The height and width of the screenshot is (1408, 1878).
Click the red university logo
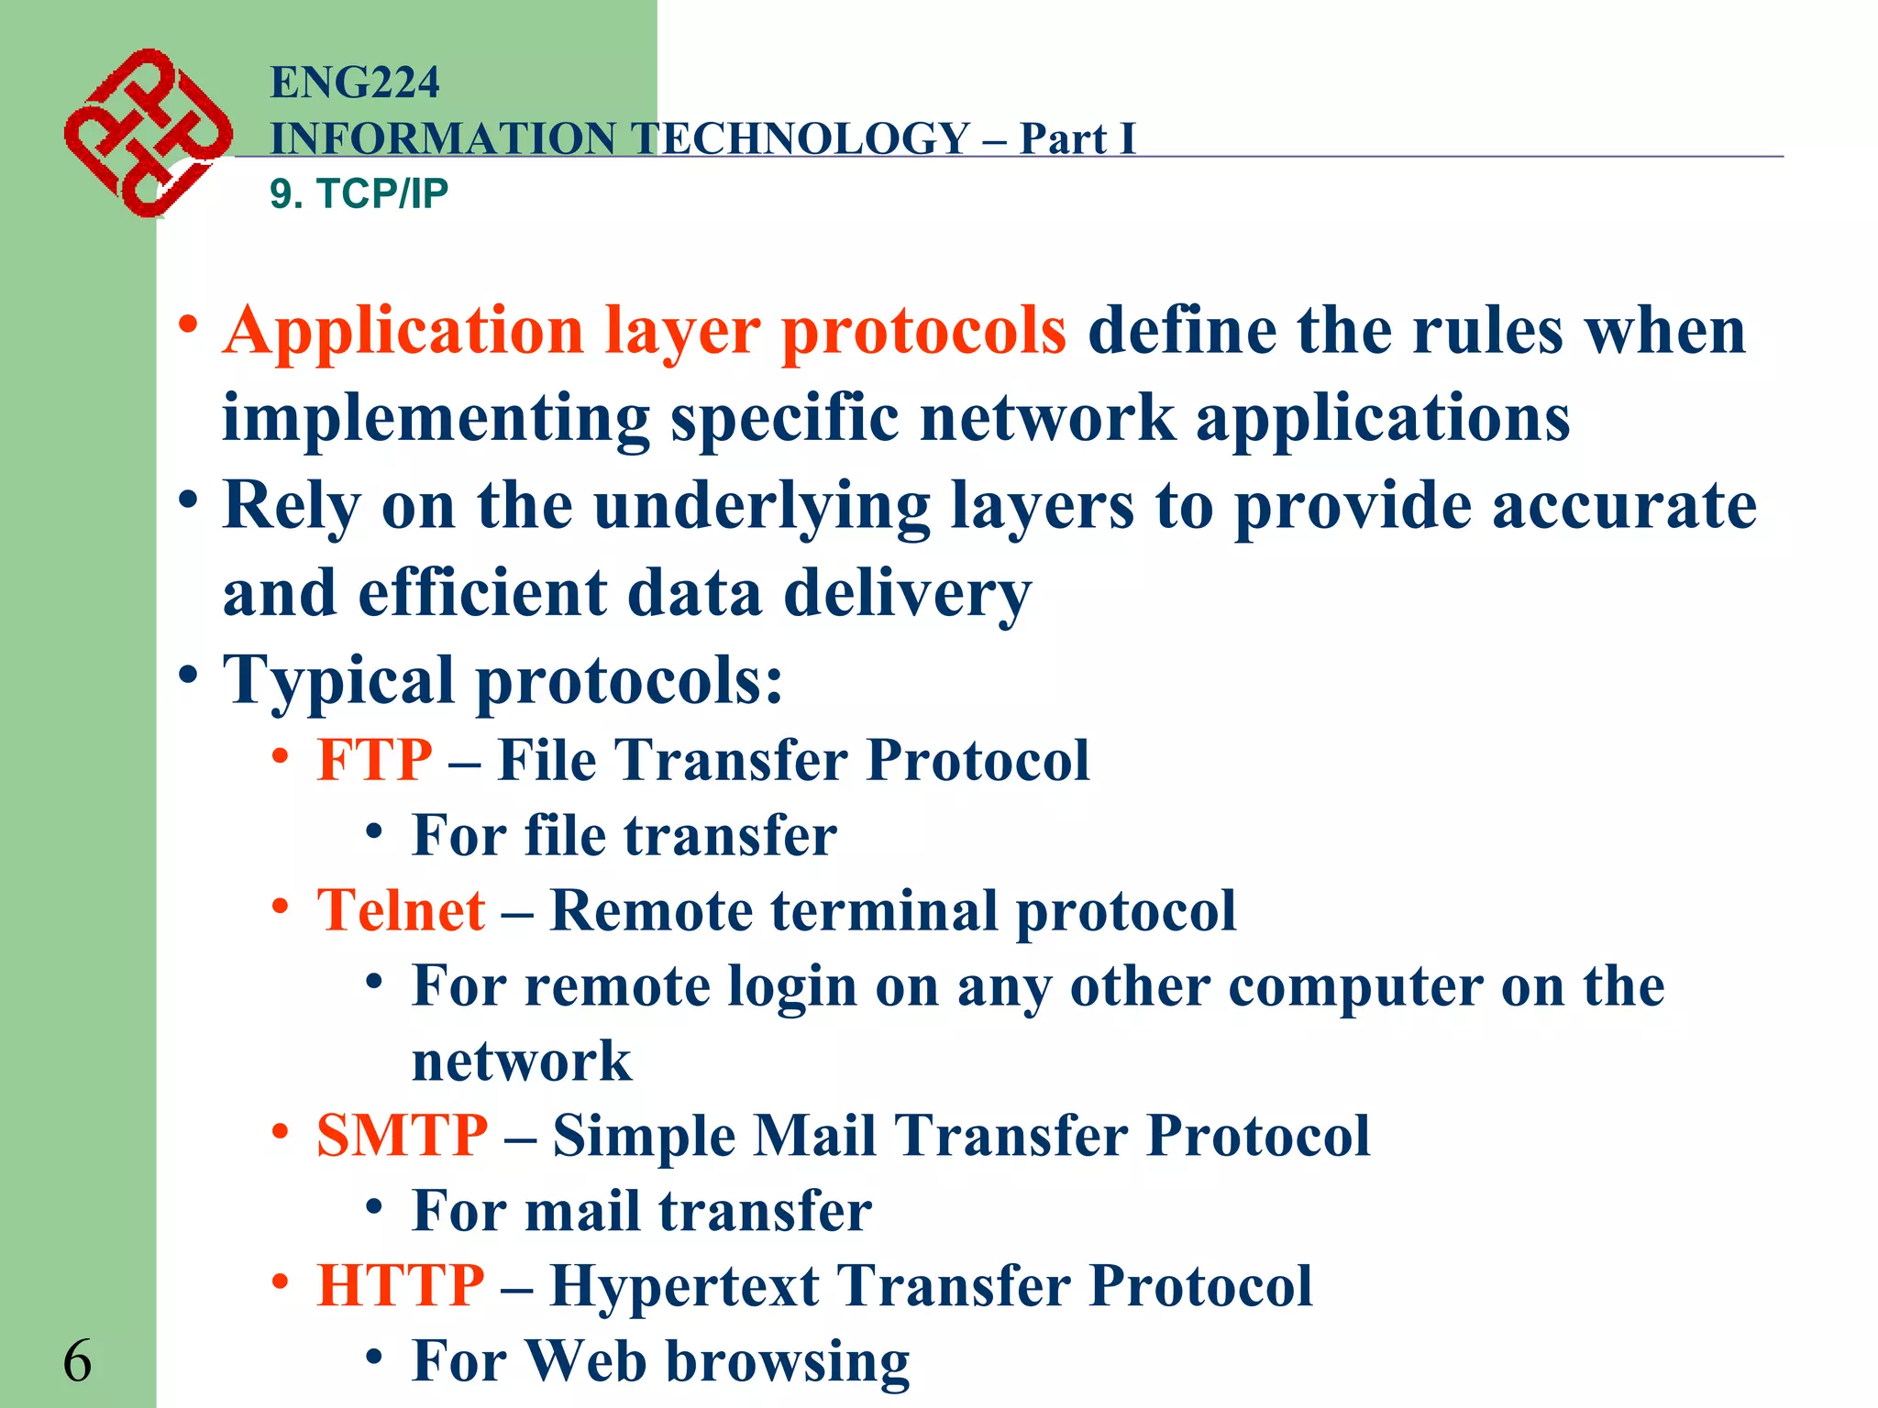[x=147, y=132]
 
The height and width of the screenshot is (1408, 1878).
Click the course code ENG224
[x=355, y=82]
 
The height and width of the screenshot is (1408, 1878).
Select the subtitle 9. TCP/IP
[x=359, y=193]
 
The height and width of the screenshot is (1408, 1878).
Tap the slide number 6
[x=77, y=1361]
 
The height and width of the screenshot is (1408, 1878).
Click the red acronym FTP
[x=374, y=760]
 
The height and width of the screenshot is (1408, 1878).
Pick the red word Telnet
[x=401, y=910]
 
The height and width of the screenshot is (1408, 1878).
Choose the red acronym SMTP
[x=402, y=1136]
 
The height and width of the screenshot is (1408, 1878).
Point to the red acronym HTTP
[x=401, y=1285]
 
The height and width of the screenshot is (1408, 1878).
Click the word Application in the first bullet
[x=403, y=330]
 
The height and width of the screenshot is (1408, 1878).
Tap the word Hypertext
[x=684, y=1285]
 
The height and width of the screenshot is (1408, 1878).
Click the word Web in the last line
[x=587, y=1361]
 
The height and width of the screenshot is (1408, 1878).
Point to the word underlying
[x=761, y=507]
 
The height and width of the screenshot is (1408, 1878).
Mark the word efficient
[x=482, y=593]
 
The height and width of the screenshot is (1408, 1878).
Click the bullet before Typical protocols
[x=188, y=676]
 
